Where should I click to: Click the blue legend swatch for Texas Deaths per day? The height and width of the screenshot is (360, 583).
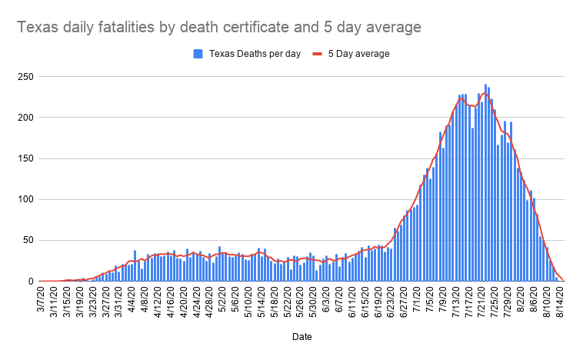click(x=197, y=54)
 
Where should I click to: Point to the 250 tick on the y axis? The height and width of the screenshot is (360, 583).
click(x=26, y=77)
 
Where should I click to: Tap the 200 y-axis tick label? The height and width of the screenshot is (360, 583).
click(x=26, y=118)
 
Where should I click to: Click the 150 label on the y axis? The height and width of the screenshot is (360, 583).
click(x=26, y=158)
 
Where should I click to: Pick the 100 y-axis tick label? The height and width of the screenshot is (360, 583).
click(x=26, y=199)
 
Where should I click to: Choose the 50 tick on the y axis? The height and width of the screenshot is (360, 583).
click(x=28, y=240)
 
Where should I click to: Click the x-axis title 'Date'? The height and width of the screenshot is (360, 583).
click(x=301, y=337)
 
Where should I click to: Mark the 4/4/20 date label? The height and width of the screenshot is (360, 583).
click(x=132, y=298)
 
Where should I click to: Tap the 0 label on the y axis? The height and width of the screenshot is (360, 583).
click(x=31, y=281)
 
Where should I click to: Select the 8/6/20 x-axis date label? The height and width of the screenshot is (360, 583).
click(x=535, y=298)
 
